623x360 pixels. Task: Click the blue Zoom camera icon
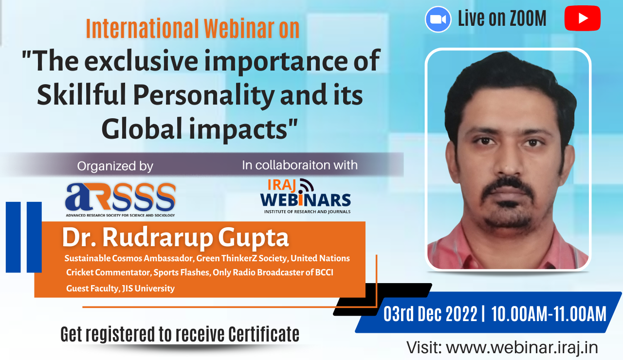[438, 19]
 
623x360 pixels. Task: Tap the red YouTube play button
[583, 18]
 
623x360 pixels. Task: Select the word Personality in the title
[203, 95]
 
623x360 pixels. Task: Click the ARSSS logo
[120, 199]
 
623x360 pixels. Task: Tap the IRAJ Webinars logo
[305, 196]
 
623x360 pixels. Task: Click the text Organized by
[115, 166]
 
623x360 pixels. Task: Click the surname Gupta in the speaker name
[254, 238]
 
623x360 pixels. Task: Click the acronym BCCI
[324, 272]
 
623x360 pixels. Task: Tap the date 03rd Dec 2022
[430, 314]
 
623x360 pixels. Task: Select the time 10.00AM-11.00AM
[549, 314]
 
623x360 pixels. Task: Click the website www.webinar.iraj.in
[522, 347]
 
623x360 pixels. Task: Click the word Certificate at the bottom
[264, 334]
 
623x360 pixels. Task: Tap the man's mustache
[508, 186]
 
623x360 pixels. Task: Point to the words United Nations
[320, 258]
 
